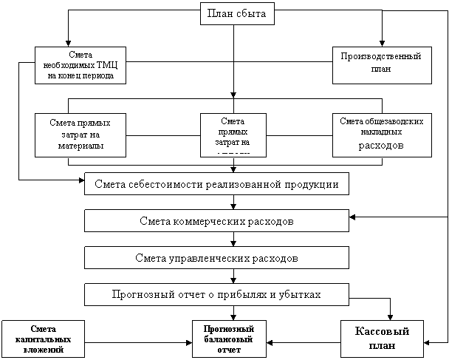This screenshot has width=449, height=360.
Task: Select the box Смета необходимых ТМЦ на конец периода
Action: pyautogui.click(x=80, y=66)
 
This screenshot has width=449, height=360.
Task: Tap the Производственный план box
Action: pyautogui.click(x=380, y=62)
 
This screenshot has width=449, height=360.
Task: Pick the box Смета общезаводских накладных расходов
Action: pyautogui.click(x=381, y=135)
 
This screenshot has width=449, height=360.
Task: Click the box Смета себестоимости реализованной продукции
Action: pyautogui.click(x=216, y=183)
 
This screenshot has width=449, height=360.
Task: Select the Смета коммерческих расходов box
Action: pyautogui.click(x=216, y=221)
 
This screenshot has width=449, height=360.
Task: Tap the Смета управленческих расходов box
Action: pyautogui.click(x=216, y=258)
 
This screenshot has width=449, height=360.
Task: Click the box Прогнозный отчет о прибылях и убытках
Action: pyautogui.click(x=216, y=294)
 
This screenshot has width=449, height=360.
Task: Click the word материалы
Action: pyautogui.click(x=80, y=145)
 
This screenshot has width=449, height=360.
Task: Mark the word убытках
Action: pyautogui.click(x=301, y=294)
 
